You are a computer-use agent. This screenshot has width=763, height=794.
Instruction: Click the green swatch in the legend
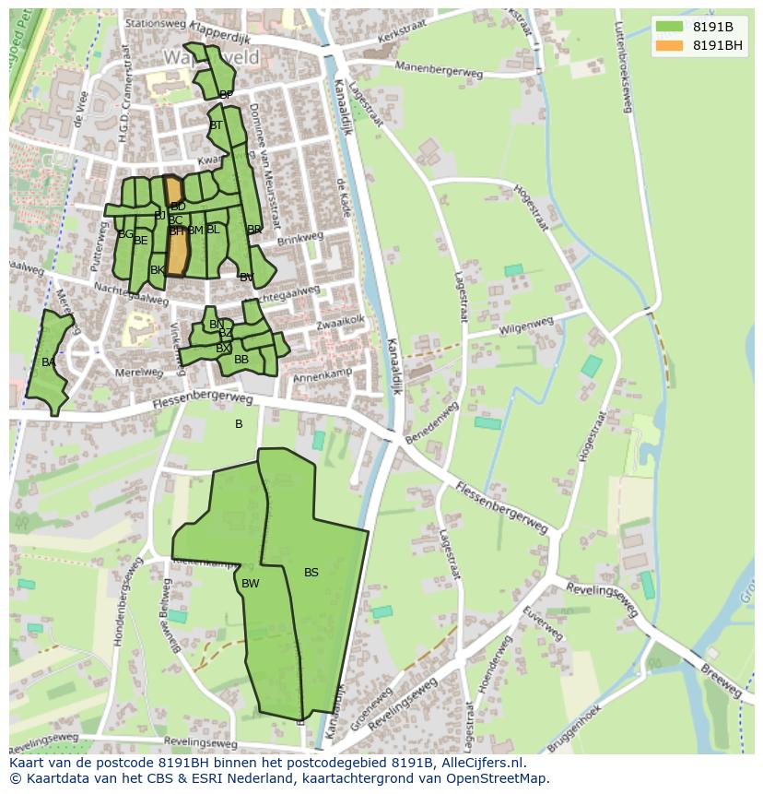click(x=669, y=27)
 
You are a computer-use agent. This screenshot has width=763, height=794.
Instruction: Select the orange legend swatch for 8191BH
click(x=669, y=45)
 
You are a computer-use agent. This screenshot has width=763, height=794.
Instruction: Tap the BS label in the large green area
click(x=311, y=573)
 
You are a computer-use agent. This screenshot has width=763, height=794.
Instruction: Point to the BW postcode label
click(x=250, y=584)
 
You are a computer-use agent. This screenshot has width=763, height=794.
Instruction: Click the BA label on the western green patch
click(x=48, y=362)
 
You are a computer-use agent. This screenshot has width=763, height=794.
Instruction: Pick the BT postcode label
click(x=216, y=125)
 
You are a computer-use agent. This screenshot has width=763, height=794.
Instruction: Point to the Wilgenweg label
click(x=526, y=326)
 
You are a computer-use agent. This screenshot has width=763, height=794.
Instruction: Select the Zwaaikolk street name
click(x=341, y=321)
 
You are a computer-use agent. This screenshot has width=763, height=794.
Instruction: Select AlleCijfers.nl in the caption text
click(x=482, y=763)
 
